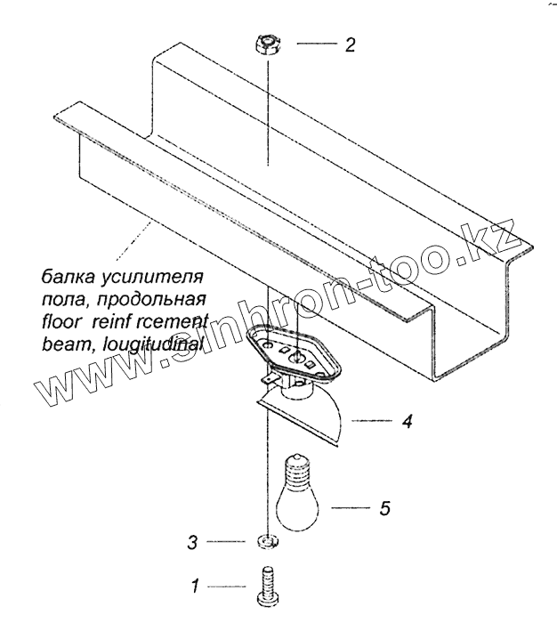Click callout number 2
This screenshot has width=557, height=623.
pos(350,44)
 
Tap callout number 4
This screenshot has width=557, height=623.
pos(406,422)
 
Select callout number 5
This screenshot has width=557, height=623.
pos(384,508)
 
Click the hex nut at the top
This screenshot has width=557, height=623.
pos(267,43)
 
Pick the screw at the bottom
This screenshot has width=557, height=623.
pos(266,586)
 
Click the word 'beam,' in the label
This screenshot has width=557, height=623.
pos(62,342)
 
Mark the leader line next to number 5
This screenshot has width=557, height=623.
pos(352,508)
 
